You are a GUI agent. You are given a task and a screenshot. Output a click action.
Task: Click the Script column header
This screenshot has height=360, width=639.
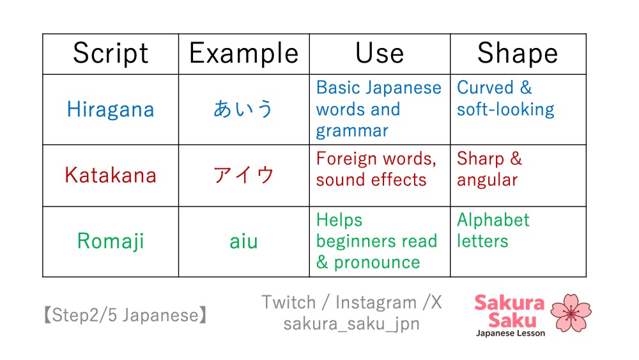pyautogui.click(x=111, y=54)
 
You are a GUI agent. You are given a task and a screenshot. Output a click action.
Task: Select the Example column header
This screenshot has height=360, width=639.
pyautogui.click(x=243, y=54)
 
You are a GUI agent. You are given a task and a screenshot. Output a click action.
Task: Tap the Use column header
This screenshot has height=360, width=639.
pyautogui.click(x=380, y=53)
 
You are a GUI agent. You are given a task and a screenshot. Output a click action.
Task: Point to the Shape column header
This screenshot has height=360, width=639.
pyautogui.click(x=518, y=54)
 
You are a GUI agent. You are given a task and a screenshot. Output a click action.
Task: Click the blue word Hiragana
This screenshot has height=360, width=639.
pyautogui.click(x=111, y=109)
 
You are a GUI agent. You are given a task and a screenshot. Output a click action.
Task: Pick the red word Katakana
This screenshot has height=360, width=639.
pyautogui.click(x=111, y=175)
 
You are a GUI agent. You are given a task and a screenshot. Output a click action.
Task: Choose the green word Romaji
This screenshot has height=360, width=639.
pyautogui.click(x=111, y=241)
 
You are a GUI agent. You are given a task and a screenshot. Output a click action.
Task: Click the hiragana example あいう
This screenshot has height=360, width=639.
pyautogui.click(x=243, y=109)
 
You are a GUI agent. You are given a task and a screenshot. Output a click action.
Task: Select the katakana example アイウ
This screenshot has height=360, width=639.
pyautogui.click(x=243, y=175)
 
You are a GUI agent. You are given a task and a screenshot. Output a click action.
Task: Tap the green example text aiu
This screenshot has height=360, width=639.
pyautogui.click(x=243, y=241)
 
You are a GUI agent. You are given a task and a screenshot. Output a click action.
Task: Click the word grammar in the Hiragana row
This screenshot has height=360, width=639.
pyautogui.click(x=352, y=131)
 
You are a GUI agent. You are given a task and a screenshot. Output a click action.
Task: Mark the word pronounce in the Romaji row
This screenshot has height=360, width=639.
pyautogui.click(x=377, y=263)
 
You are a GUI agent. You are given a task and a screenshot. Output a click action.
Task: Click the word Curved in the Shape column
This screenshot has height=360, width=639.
pyautogui.click(x=485, y=88)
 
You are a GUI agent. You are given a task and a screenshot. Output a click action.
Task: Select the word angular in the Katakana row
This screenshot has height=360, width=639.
pyautogui.click(x=487, y=180)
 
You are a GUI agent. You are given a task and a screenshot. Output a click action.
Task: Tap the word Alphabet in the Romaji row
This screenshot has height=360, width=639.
pyautogui.click(x=493, y=220)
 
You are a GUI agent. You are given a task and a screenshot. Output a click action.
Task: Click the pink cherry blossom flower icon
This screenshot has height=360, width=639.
pyautogui.click(x=571, y=313)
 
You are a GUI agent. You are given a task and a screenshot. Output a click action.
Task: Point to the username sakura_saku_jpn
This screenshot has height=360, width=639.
pyautogui.click(x=351, y=324)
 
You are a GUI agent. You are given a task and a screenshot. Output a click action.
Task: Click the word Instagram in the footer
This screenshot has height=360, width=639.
pyautogui.click(x=376, y=303)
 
